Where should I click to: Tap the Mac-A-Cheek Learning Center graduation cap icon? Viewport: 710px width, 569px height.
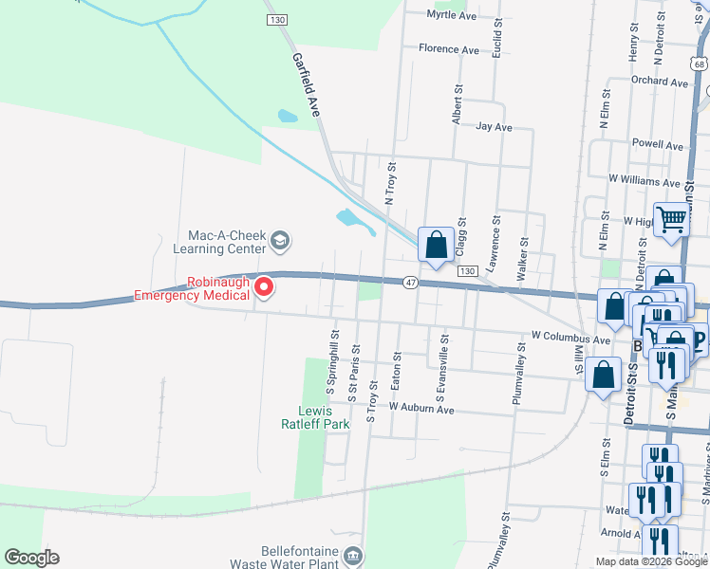[279, 241]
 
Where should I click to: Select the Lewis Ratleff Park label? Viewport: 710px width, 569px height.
[315, 417]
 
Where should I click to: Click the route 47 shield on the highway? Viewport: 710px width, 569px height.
[410, 283]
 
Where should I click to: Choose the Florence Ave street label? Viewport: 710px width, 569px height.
[449, 48]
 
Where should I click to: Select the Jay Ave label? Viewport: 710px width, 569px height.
[494, 126]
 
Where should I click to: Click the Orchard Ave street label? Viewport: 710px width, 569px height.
[658, 83]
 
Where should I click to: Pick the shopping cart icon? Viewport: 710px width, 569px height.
[672, 220]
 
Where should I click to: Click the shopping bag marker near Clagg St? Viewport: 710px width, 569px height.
[436, 246]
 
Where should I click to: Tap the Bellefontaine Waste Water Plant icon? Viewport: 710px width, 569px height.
[352, 555]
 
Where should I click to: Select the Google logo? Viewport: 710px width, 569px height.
[31, 558]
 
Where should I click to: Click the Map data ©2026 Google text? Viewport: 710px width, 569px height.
[650, 561]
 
